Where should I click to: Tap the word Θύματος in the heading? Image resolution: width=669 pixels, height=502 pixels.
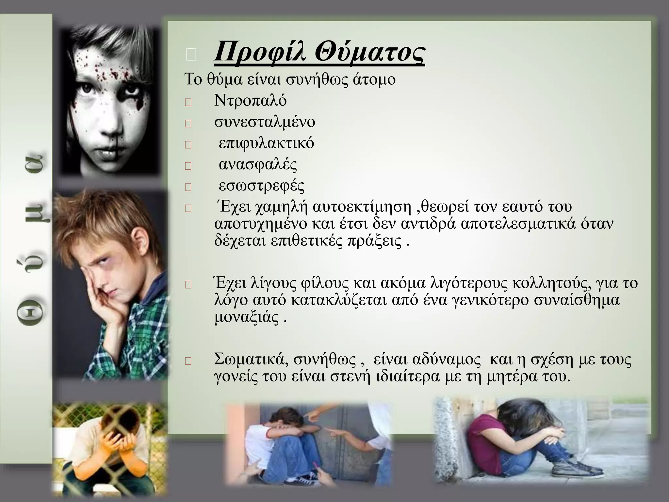(369, 53)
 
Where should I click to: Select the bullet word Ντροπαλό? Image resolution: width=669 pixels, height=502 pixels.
(250, 101)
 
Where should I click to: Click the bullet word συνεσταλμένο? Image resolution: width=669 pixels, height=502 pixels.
(265, 122)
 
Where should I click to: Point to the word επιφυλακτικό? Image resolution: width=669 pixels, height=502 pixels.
(266, 143)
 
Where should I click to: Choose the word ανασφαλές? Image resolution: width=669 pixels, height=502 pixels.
(258, 164)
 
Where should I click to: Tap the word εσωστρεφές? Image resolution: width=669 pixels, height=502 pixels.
(261, 186)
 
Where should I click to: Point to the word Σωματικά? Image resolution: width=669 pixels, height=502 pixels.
(251, 360)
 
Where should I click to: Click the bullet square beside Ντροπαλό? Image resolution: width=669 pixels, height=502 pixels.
(188, 103)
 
